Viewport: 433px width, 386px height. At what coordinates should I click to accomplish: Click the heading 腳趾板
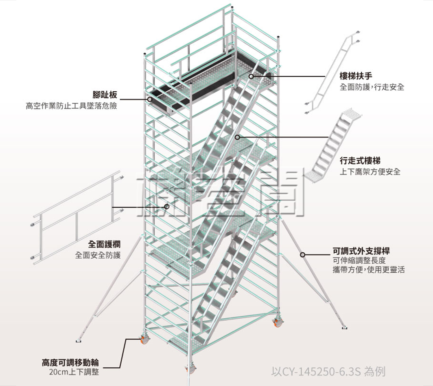point(105,95)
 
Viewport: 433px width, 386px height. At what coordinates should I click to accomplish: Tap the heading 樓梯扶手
point(356,76)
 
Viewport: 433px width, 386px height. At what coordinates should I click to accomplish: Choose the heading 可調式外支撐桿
point(364,250)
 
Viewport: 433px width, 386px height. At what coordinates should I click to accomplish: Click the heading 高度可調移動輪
point(70,362)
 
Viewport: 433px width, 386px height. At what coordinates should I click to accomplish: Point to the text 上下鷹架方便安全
point(370,172)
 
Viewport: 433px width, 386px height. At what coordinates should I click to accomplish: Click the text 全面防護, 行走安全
point(372,87)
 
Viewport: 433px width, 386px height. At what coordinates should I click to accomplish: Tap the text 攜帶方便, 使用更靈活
point(368,269)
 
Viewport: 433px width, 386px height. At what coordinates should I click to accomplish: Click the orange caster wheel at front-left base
point(144,339)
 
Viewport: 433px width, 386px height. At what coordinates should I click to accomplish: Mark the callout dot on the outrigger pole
point(303,255)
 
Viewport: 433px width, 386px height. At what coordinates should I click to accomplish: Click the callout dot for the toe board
point(150,99)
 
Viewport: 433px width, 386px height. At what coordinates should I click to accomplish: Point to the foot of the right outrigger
point(344,326)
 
